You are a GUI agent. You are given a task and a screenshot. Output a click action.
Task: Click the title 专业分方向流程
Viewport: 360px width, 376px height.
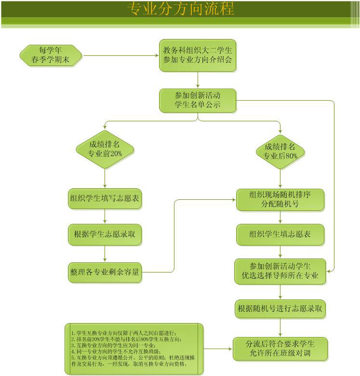[180, 9]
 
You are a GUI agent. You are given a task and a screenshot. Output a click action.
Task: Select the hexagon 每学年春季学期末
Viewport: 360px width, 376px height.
[51, 55]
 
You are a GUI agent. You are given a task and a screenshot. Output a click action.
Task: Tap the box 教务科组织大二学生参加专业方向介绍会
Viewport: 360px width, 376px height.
[198, 55]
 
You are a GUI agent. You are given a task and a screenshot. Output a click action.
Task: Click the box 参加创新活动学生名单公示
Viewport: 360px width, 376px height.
[198, 100]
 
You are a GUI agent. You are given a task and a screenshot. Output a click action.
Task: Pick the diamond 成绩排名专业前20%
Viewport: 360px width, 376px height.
[105, 149]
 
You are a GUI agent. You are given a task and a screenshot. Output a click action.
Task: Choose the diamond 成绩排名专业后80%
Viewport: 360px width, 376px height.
[280, 151]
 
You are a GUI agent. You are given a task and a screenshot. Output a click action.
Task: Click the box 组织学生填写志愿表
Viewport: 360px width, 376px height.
[105, 198]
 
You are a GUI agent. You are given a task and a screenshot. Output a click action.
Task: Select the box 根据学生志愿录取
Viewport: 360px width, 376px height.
[105, 234]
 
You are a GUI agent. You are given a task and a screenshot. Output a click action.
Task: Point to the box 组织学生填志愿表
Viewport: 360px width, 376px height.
[280, 234]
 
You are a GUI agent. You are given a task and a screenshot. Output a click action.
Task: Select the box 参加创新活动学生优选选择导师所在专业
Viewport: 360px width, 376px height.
[280, 272]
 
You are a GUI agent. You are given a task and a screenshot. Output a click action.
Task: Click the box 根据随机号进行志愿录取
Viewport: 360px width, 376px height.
[280, 309]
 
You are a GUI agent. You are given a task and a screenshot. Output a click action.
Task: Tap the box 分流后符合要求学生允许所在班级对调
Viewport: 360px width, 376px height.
[280, 349]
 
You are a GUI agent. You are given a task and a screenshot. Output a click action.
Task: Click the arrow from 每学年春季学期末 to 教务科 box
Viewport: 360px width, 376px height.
[120, 55]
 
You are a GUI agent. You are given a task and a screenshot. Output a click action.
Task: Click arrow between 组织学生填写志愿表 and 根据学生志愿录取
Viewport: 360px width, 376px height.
[105, 217]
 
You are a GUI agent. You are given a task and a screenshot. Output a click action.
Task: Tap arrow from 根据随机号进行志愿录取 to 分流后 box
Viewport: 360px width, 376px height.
[280, 327]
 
